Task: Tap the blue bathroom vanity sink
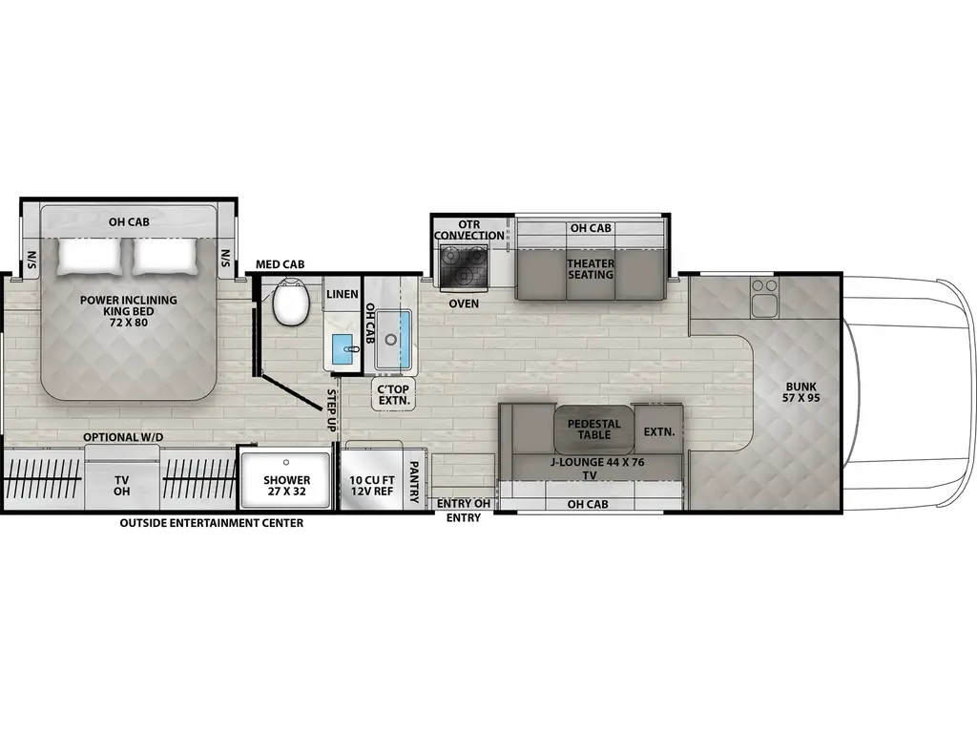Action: pos(343,350)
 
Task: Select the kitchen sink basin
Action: pos(393,339)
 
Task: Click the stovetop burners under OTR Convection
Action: pos(463,263)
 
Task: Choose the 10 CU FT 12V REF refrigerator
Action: pos(370,486)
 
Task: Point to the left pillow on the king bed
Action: pos(92,255)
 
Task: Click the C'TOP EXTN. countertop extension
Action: pos(392,394)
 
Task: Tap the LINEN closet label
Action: pos(342,294)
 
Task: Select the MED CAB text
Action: pos(280,263)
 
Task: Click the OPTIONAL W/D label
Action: pos(123,437)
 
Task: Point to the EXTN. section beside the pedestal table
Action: pos(658,431)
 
